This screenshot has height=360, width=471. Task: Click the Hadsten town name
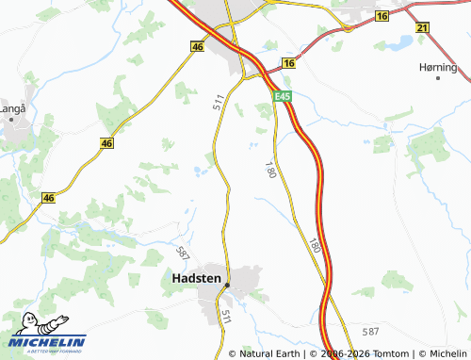tap(197, 278)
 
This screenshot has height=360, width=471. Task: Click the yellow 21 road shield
tap(421, 29)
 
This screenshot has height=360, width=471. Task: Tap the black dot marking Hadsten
tap(227, 285)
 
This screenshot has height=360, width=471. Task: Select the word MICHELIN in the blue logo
tap(49, 341)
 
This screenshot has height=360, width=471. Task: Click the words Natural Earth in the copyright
tap(272, 353)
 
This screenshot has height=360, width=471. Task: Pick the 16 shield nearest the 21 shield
tap(382, 17)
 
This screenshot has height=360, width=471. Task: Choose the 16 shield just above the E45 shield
tap(288, 63)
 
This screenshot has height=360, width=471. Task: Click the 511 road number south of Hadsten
tap(226, 318)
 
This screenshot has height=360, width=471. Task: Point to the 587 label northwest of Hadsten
tap(183, 252)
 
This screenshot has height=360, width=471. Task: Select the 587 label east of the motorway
tap(370, 331)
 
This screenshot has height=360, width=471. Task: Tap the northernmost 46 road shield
tap(197, 45)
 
